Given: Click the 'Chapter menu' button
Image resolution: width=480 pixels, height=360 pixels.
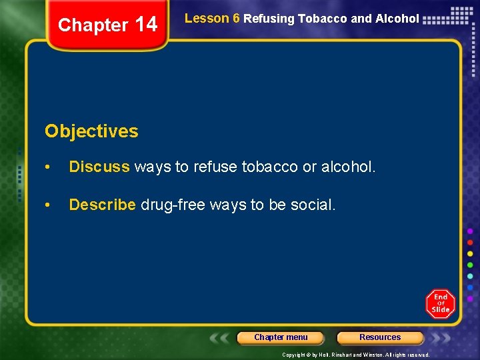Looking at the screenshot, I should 281,337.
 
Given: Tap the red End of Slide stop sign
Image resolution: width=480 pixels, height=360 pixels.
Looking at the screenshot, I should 440,304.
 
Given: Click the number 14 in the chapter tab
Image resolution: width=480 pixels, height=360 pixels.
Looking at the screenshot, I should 146,25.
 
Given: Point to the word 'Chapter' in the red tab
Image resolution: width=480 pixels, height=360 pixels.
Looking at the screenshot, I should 93,25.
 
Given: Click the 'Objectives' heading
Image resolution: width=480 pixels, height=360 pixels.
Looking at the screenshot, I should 91,131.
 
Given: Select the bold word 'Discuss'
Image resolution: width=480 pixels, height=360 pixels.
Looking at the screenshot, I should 99,167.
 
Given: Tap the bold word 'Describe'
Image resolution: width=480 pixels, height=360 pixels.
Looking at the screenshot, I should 102,205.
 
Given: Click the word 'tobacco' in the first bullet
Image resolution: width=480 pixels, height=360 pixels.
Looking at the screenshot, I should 272,167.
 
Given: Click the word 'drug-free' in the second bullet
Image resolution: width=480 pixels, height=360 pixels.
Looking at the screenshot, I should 173,205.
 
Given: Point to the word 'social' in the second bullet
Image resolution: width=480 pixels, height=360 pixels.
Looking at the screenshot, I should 313,205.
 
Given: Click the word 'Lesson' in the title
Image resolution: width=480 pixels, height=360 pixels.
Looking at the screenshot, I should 207,19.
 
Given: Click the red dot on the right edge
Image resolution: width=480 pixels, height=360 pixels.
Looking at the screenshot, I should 470,242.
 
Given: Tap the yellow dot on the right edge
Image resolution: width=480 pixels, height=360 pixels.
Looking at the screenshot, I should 470,253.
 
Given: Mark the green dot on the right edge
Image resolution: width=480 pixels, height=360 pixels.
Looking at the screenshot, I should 470,265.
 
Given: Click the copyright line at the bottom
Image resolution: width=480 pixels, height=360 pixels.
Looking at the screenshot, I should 355,355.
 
